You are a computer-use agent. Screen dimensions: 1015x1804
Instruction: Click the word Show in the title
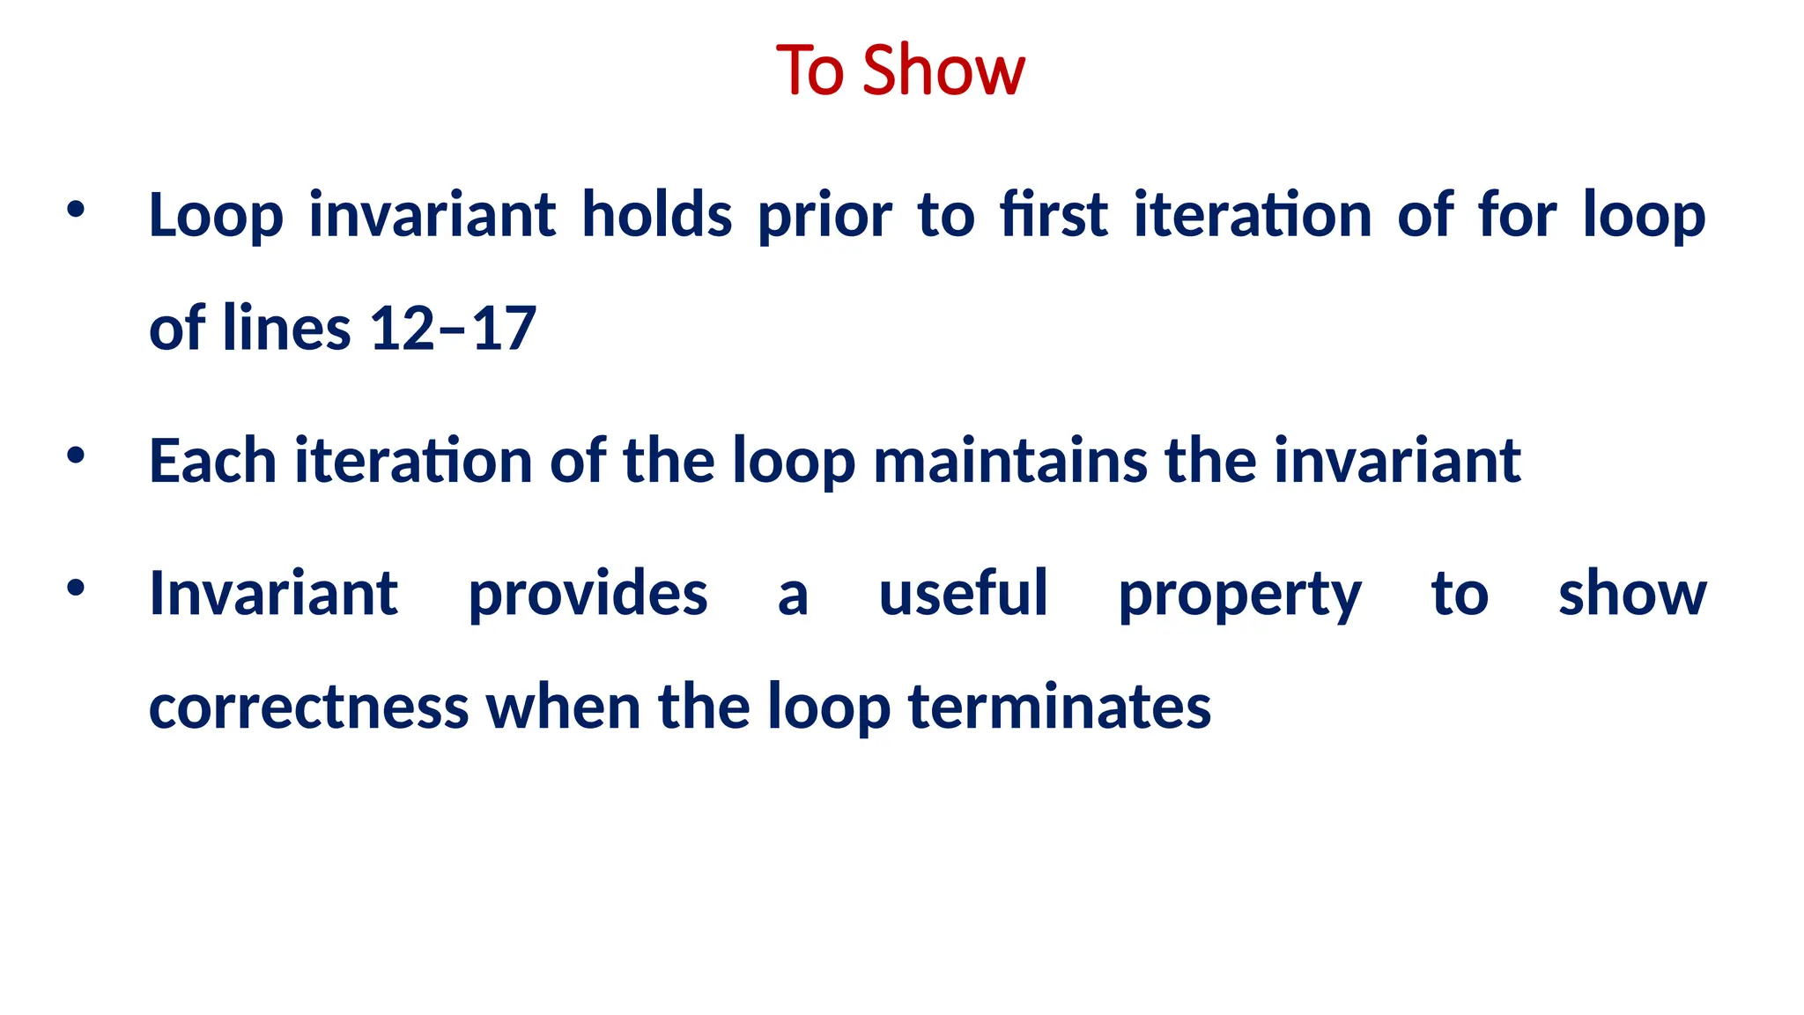click(x=943, y=70)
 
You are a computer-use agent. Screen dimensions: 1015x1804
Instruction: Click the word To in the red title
click(x=810, y=70)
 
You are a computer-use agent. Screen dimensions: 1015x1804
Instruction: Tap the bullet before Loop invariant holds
click(x=76, y=210)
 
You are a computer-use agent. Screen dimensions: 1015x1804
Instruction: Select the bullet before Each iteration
click(x=76, y=456)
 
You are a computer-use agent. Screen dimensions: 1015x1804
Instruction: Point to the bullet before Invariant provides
click(x=76, y=588)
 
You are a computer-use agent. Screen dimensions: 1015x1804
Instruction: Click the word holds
click(x=656, y=215)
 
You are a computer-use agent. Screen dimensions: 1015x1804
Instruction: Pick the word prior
click(x=824, y=217)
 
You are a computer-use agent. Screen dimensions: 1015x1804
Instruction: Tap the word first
click(x=1054, y=215)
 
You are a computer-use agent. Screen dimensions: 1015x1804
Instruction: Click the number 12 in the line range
click(x=402, y=329)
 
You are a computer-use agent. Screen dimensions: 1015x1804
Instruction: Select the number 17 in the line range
click(x=504, y=329)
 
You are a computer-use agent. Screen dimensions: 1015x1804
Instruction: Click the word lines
click(x=286, y=329)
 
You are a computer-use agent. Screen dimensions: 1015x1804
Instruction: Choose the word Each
click(x=212, y=461)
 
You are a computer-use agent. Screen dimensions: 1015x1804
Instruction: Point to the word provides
click(x=588, y=595)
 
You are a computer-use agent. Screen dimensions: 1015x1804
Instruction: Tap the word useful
click(x=963, y=593)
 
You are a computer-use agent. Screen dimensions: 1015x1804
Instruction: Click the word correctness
click(x=308, y=708)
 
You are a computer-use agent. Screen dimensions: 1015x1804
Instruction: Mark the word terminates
click(x=1059, y=708)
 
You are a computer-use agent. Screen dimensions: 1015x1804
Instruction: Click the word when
click(x=564, y=708)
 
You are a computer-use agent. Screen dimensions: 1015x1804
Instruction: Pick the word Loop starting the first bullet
click(x=216, y=217)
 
